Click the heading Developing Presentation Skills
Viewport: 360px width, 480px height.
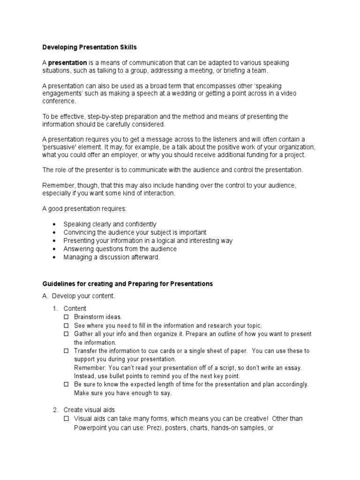click(90, 47)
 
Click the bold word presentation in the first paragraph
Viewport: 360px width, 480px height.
click(67, 63)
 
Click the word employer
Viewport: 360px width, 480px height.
click(134, 155)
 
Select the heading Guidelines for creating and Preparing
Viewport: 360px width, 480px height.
click(127, 284)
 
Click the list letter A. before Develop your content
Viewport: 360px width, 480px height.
click(45, 296)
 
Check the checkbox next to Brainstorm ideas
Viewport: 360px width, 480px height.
click(67, 317)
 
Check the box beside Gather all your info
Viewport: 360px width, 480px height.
click(67, 334)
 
